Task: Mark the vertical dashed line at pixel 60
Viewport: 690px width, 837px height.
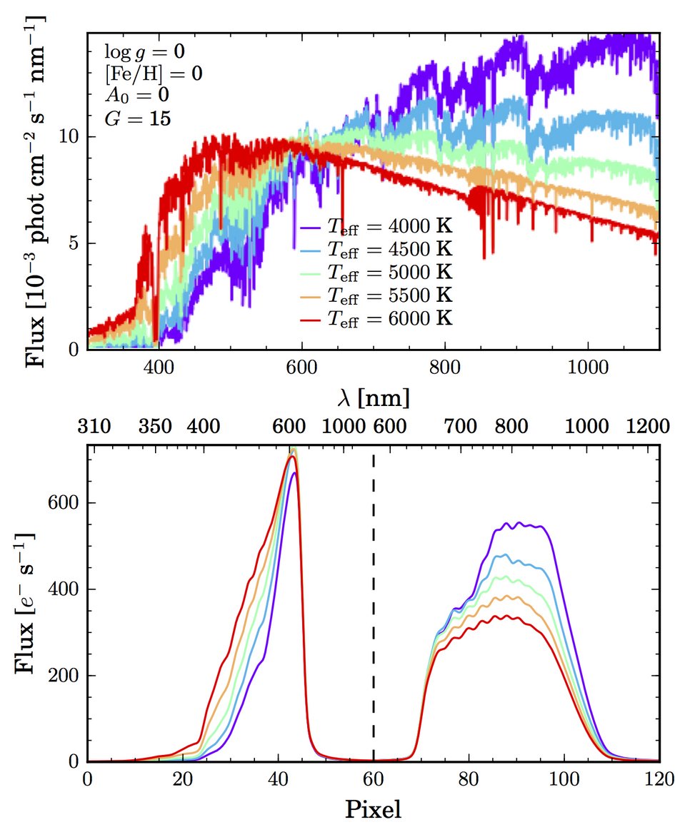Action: [374, 607]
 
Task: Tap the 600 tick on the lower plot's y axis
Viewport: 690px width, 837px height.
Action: [64, 503]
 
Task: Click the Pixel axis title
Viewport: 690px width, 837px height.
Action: [374, 810]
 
